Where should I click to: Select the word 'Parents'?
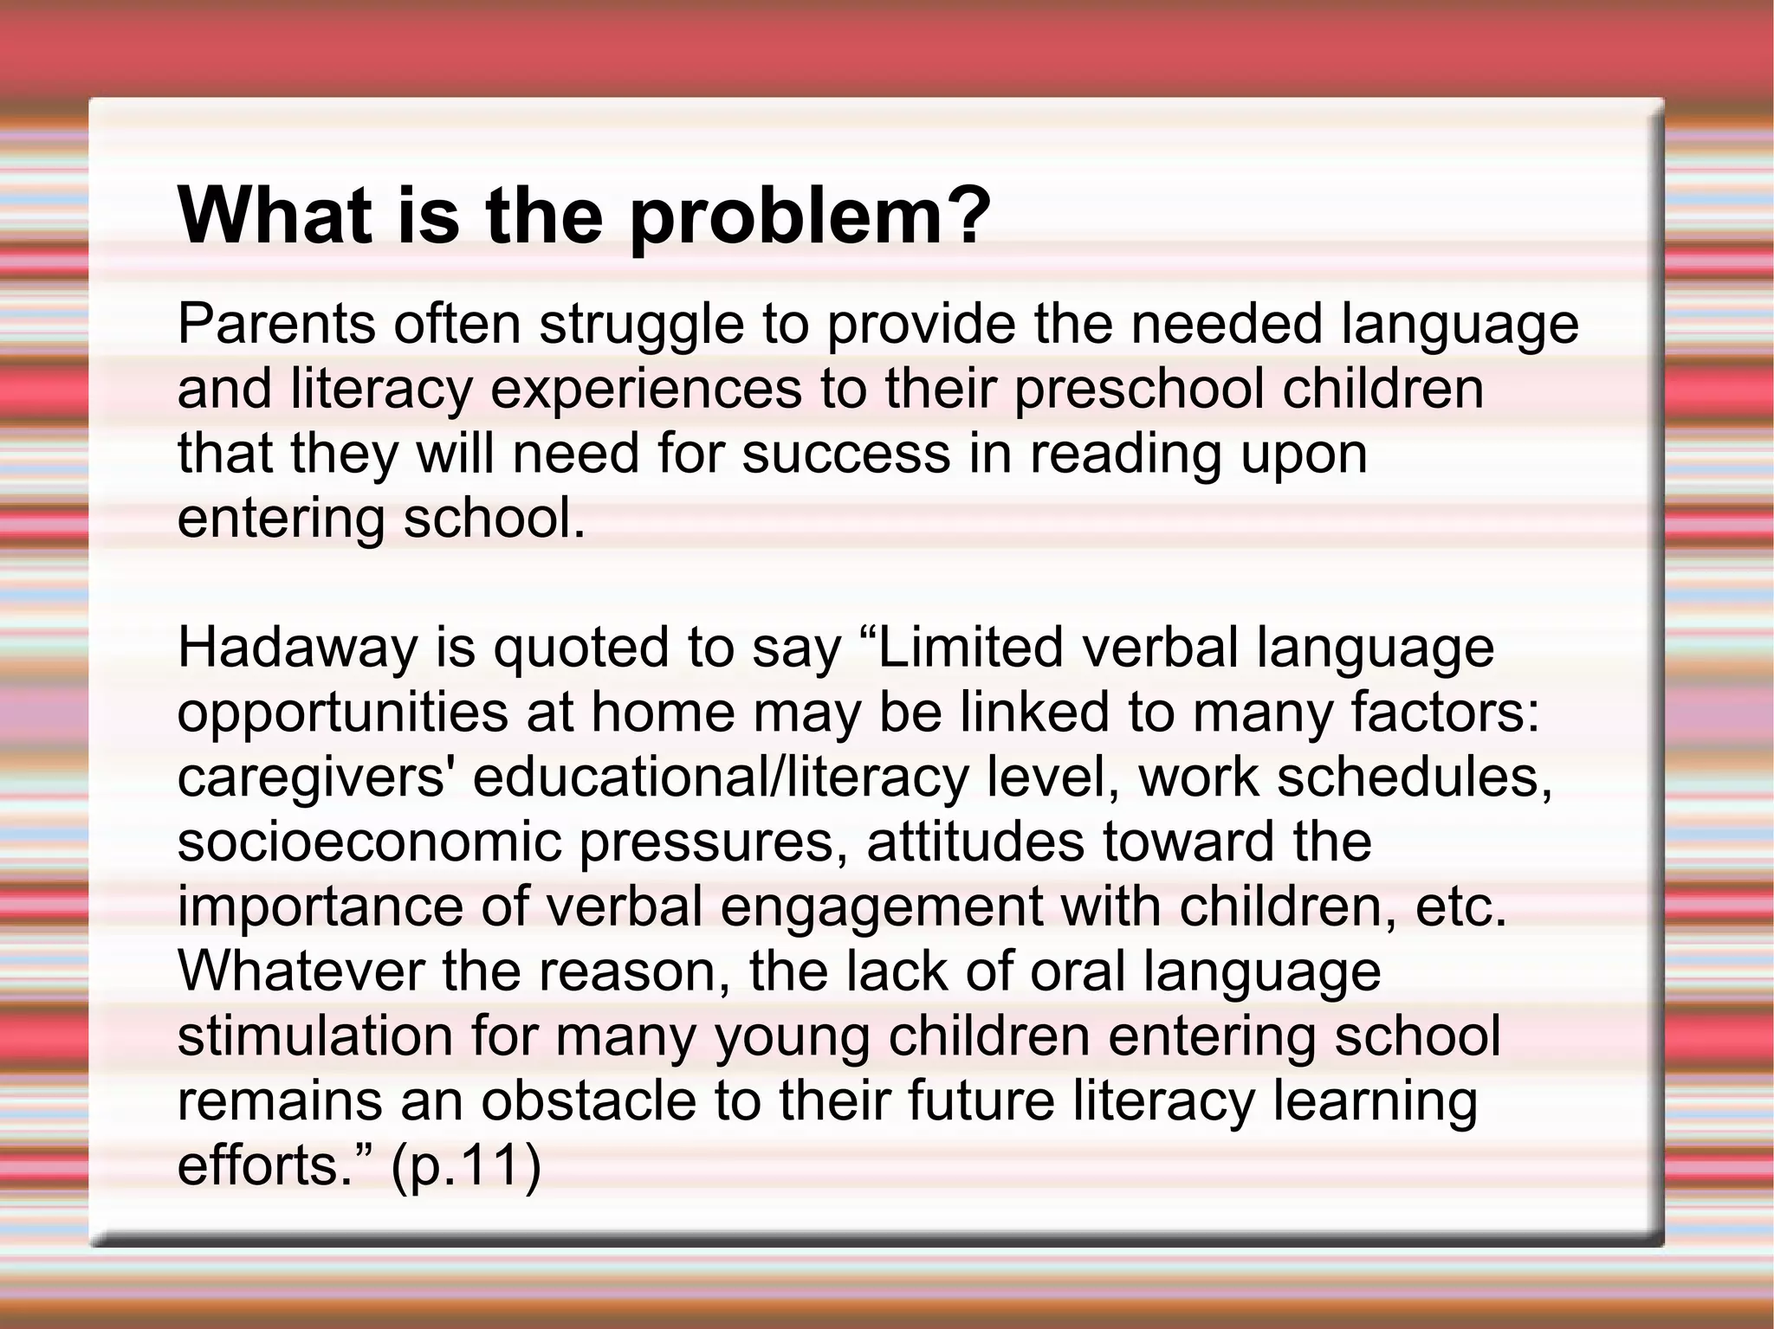(x=276, y=324)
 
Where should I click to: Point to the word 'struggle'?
(x=642, y=326)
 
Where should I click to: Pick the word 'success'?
(x=846, y=454)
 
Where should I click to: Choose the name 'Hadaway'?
(x=298, y=648)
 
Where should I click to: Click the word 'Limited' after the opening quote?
(x=971, y=648)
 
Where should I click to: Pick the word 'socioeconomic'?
(x=370, y=842)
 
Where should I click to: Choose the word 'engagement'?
(x=881, y=907)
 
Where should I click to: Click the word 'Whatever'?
(x=302, y=971)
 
